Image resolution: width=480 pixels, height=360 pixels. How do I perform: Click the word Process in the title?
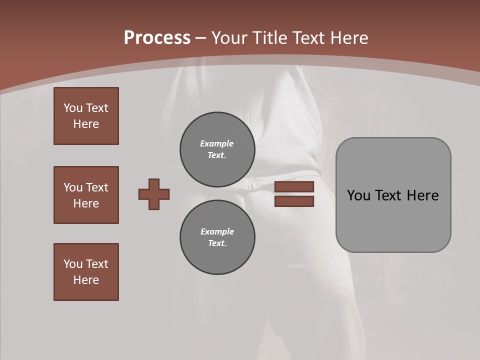click(x=157, y=38)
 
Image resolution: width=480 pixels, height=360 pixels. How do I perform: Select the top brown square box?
click(x=86, y=116)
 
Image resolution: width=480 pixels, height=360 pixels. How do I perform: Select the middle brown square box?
click(x=86, y=195)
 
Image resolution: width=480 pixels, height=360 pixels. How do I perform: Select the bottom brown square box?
click(x=86, y=272)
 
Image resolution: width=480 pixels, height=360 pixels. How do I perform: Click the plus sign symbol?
click(x=154, y=194)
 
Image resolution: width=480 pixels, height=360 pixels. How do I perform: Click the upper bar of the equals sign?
click(x=294, y=187)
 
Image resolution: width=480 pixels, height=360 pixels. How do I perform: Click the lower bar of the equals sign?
click(x=294, y=201)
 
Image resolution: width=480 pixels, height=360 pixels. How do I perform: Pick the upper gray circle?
click(x=217, y=149)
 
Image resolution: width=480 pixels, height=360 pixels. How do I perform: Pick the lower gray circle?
click(x=217, y=237)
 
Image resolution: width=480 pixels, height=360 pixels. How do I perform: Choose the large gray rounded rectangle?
click(x=393, y=195)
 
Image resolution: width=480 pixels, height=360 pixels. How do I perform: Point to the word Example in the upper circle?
click(x=216, y=143)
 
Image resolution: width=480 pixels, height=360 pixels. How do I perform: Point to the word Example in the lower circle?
click(x=217, y=231)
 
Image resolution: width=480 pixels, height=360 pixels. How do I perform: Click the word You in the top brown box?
click(x=72, y=108)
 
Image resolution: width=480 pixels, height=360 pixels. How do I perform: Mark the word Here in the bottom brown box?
click(x=86, y=280)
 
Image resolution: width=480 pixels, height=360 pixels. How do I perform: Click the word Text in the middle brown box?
click(x=96, y=187)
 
